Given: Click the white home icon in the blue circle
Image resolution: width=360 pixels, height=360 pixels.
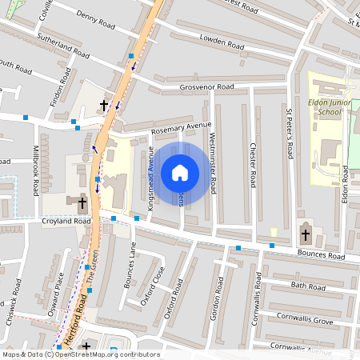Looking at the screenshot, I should point(180,172).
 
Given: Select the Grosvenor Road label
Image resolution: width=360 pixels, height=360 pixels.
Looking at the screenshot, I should point(206,86).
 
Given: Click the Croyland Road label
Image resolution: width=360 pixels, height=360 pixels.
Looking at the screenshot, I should point(66,221).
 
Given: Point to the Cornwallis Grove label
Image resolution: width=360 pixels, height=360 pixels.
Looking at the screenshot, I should point(305,319).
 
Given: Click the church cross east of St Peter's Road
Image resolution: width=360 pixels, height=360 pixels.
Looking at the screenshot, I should point(305,234).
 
